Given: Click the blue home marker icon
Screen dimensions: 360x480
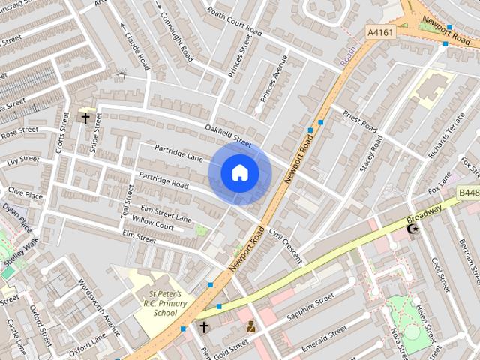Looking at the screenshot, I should [x=239, y=173].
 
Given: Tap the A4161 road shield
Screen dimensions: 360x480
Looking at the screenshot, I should [x=379, y=32].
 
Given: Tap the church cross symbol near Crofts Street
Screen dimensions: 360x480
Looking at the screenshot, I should [x=85, y=118].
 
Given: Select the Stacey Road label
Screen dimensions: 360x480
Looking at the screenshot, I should [x=371, y=154].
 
